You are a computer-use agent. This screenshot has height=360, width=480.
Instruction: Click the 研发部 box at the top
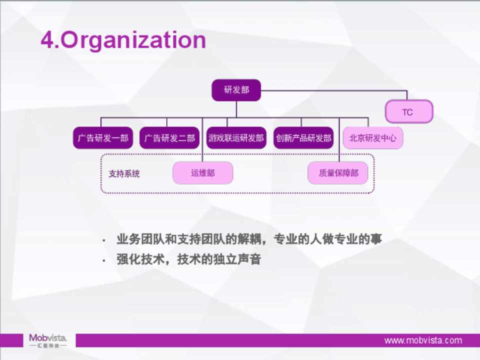pyautogui.click(x=236, y=90)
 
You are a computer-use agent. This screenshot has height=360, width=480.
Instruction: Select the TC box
pyautogui.click(x=409, y=111)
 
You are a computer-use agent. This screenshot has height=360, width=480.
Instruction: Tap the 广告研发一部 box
pyautogui.click(x=103, y=138)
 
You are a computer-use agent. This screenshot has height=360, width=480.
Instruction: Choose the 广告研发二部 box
pyautogui.click(x=169, y=138)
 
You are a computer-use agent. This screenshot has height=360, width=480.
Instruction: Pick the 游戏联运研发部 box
pyautogui.click(x=236, y=138)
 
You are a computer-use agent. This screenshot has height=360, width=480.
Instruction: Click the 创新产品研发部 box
pyautogui.click(x=303, y=138)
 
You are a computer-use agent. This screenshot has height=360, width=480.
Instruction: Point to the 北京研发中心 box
pyautogui.click(x=373, y=138)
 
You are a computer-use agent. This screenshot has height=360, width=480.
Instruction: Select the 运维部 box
pyautogui.click(x=202, y=173)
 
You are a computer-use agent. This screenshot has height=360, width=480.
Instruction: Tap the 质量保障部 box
pyautogui.click(x=338, y=173)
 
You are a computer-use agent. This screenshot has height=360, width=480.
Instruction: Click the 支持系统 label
pyautogui.click(x=124, y=174)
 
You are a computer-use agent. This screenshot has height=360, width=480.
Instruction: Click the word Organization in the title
pyautogui.click(x=133, y=40)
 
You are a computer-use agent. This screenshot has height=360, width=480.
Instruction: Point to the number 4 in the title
pyautogui.click(x=47, y=40)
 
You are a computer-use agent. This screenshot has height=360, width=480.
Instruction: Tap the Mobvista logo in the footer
pyautogui.click(x=48, y=340)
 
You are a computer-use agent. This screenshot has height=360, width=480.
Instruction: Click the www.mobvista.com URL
pyautogui.click(x=423, y=340)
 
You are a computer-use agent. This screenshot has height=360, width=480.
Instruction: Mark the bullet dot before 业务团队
pyautogui.click(x=104, y=240)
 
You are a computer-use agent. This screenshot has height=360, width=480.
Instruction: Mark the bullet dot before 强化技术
pyautogui.click(x=104, y=261)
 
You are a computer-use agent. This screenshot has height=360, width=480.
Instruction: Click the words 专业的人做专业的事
pyautogui.click(x=328, y=239)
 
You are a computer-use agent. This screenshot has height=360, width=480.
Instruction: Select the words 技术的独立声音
pyautogui.click(x=219, y=259)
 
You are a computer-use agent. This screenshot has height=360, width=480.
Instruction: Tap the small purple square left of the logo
pyautogui.click(x=11, y=340)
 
